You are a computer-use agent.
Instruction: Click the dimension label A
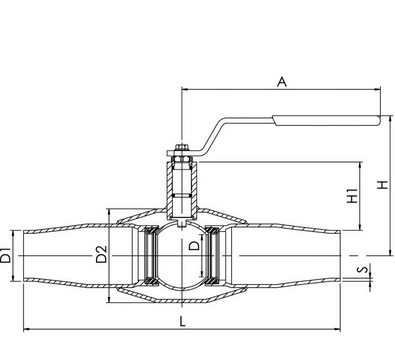(x=282, y=82)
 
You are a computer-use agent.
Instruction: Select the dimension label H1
(x=352, y=196)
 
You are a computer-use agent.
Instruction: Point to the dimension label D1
(x=6, y=255)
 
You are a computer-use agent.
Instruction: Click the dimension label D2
(x=101, y=254)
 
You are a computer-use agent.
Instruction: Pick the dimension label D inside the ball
(x=194, y=246)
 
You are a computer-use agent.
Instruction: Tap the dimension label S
(x=365, y=269)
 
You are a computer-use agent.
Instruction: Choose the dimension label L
(x=182, y=322)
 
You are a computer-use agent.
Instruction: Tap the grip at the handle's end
(x=327, y=120)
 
